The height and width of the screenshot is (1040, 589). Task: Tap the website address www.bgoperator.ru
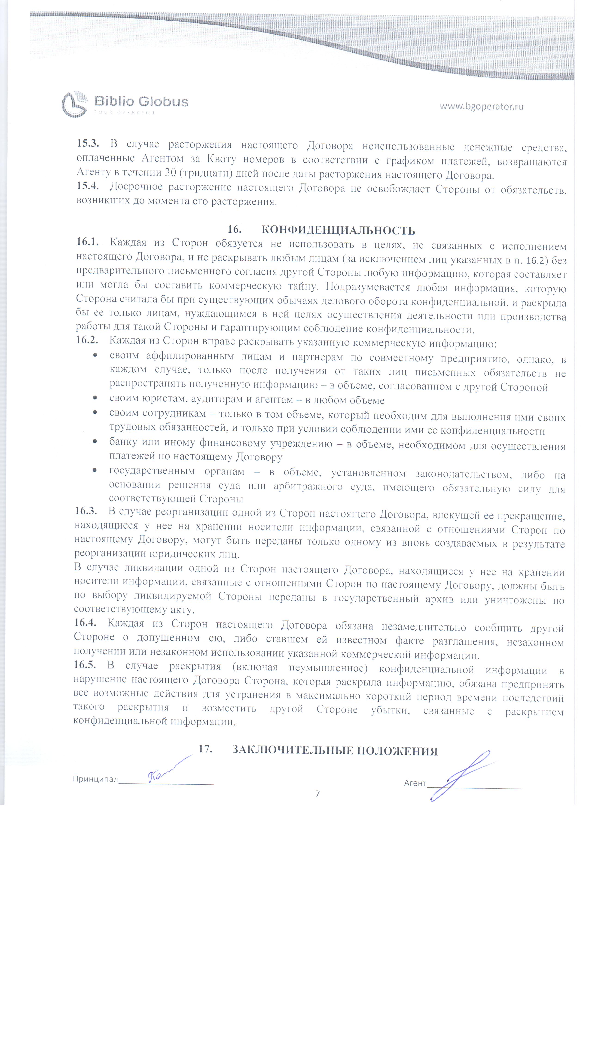(481, 106)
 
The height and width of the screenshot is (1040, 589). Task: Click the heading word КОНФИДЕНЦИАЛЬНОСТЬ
(338, 230)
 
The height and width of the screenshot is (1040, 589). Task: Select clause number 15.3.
(88, 144)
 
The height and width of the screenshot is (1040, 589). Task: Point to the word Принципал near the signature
(95, 779)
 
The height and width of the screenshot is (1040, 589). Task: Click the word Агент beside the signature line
(415, 783)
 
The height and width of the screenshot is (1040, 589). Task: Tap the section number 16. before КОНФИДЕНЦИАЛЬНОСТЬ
(234, 229)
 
